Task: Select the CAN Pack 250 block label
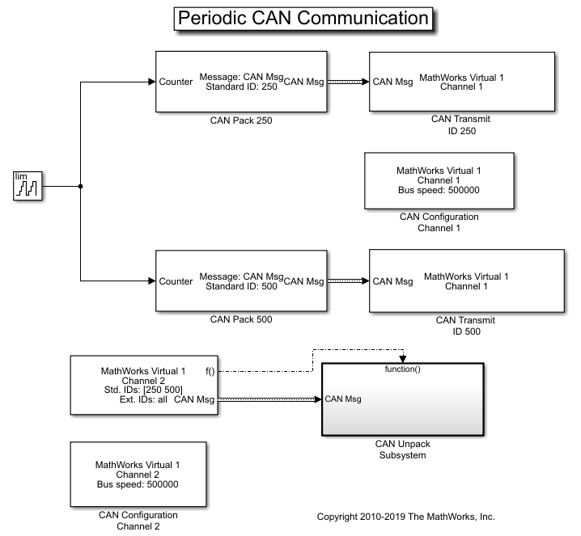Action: pyautogui.click(x=241, y=121)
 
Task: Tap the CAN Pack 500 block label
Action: pyautogui.click(x=241, y=319)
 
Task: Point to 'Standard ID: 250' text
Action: pyautogui.click(x=241, y=87)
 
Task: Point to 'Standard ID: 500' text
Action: pyautogui.click(x=241, y=286)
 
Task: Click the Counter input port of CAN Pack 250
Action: pyautogui.click(x=176, y=82)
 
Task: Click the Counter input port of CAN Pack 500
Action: pyautogui.click(x=176, y=281)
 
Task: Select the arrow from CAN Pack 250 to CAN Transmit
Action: pyautogui.click(x=346, y=82)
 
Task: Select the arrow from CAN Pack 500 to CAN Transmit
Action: pyautogui.click(x=346, y=281)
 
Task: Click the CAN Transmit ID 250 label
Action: pyautogui.click(x=460, y=125)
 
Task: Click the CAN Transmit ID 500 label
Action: pyautogui.click(x=464, y=325)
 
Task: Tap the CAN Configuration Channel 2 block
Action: pyautogui.click(x=137, y=475)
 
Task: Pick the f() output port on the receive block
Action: pyautogui.click(x=210, y=371)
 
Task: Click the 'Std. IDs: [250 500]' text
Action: pyautogui.click(x=142, y=389)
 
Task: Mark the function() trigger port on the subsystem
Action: pyautogui.click(x=402, y=369)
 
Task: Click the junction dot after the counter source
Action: pyautogui.click(x=81, y=186)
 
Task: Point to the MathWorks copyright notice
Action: pyautogui.click(x=405, y=516)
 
